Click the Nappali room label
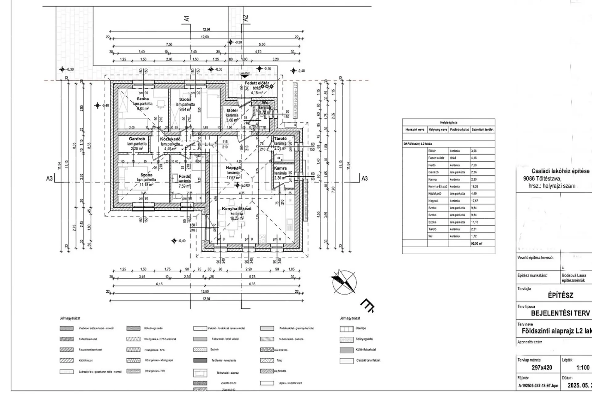tap(233, 168)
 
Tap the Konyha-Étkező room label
tap(236, 209)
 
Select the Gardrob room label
tap(137, 139)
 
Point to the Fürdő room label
tap(185, 176)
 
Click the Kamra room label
tap(280, 168)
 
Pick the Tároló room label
tap(280, 139)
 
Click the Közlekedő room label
tap(170, 139)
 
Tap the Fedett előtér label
tap(257, 83)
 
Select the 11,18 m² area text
tap(146, 184)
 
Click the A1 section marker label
tap(186, 18)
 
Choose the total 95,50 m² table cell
tap(477, 243)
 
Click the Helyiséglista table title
tap(449, 123)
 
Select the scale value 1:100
tap(583, 368)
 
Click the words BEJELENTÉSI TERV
tap(560, 313)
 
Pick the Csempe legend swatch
tap(347, 329)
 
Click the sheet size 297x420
tap(542, 368)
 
